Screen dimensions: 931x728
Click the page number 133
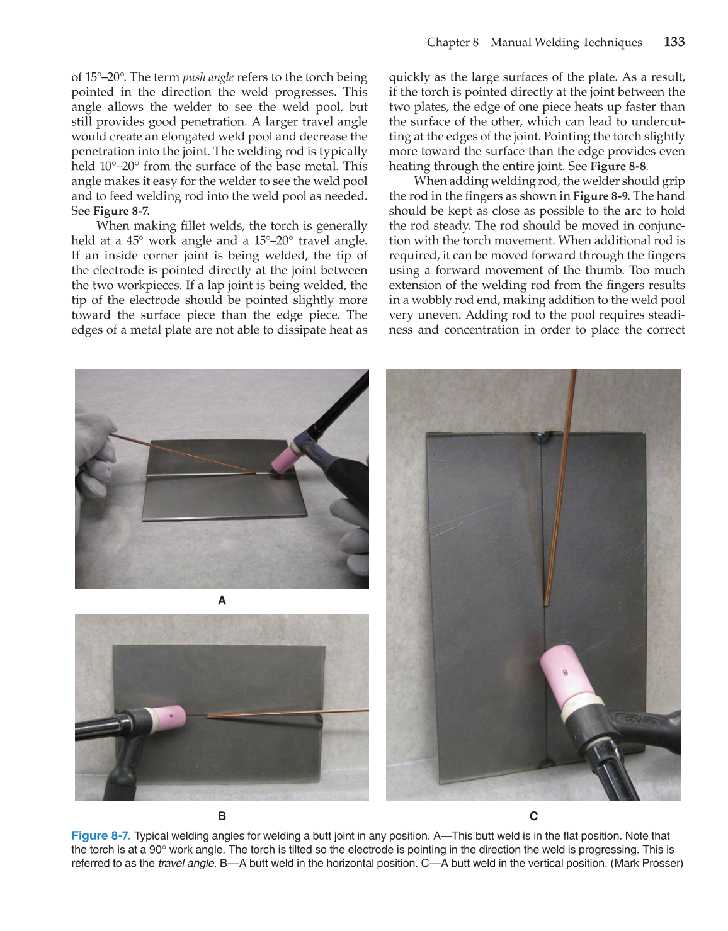(x=674, y=42)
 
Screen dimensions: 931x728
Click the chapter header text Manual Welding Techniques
(x=566, y=42)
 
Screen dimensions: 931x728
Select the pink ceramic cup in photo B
(x=166, y=717)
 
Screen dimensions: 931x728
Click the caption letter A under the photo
(x=222, y=601)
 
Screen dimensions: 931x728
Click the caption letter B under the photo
(x=222, y=816)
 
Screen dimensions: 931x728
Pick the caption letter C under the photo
(x=533, y=816)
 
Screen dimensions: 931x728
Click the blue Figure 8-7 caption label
(x=101, y=836)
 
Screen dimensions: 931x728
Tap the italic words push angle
(x=208, y=77)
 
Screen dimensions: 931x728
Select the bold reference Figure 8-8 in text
(x=618, y=167)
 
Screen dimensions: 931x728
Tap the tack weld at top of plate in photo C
(x=541, y=436)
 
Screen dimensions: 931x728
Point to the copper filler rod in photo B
(x=283, y=713)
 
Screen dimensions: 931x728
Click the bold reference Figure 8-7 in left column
(x=120, y=212)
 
